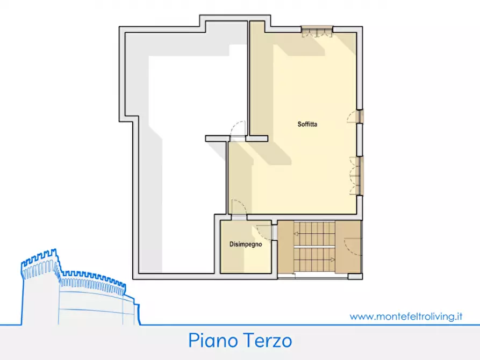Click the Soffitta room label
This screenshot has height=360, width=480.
click(x=307, y=125)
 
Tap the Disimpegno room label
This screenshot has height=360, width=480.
click(x=246, y=244)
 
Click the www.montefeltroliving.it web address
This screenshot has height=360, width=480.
click(x=406, y=316)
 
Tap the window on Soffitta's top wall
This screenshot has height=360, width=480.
click(x=317, y=31)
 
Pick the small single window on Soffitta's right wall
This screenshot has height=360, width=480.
click(x=359, y=117)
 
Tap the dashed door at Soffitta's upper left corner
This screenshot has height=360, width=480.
click(x=238, y=129)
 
